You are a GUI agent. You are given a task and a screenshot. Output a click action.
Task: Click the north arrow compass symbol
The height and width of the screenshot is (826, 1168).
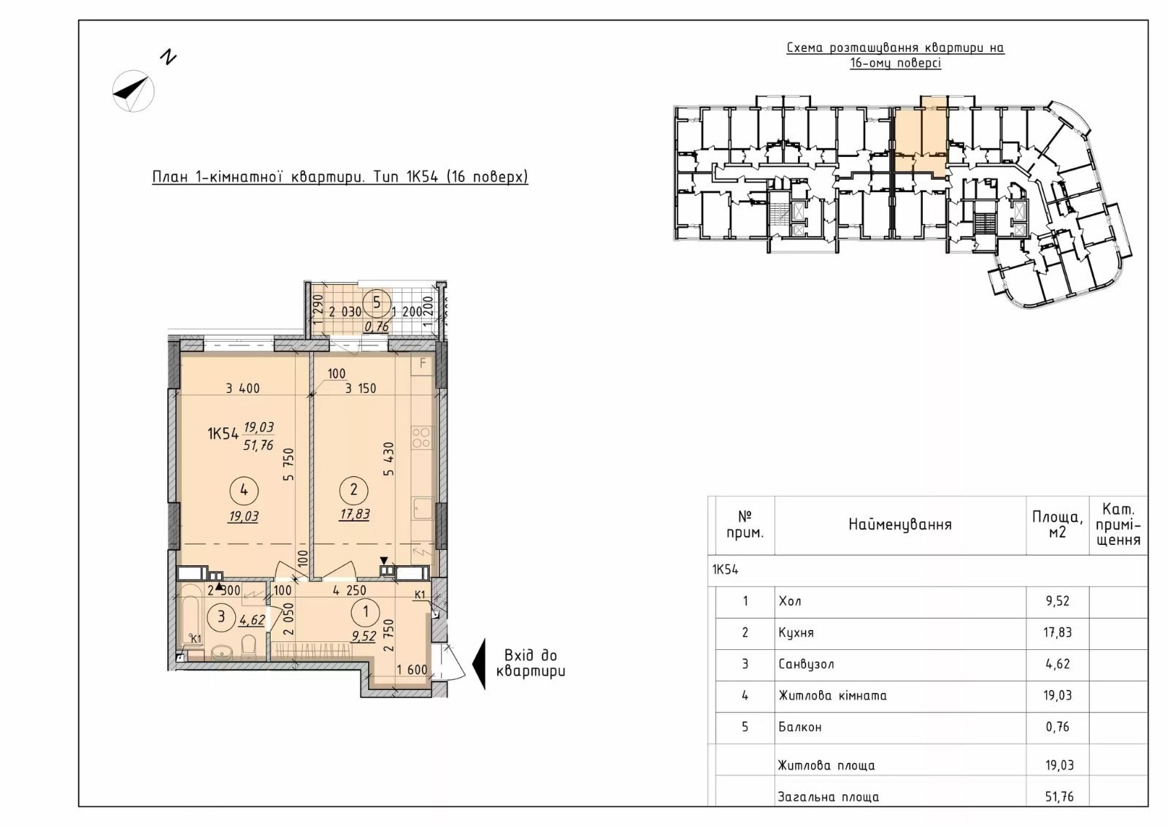coord(134,91)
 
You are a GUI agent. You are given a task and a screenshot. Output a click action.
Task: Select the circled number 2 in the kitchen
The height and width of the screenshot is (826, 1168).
coord(354,490)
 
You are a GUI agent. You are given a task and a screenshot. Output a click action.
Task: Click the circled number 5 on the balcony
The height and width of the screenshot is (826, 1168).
coord(377,303)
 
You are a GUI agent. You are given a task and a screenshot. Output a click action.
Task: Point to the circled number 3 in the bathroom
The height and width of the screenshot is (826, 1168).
coord(221,616)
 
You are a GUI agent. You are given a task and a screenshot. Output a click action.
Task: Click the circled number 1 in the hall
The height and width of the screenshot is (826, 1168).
coord(366,611)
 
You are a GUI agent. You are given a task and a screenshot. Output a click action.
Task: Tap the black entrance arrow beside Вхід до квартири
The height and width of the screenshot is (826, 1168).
coord(479,664)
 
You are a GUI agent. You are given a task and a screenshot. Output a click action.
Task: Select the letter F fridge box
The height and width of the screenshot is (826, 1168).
coord(423,364)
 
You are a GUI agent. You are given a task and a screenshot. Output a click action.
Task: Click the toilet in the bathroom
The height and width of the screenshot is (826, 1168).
coord(249,646)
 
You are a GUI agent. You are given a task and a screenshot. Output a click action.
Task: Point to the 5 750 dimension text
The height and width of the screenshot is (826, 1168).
coord(290,464)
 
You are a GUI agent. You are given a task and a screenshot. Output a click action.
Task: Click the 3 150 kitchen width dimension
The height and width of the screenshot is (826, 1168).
coord(361,389)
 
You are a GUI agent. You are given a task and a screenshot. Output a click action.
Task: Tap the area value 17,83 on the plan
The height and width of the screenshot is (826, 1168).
coord(355,514)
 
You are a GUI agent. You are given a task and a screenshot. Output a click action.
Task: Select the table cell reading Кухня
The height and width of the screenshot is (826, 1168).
coord(796,632)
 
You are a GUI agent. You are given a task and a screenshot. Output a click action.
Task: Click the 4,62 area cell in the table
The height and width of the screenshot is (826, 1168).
coord(1058,664)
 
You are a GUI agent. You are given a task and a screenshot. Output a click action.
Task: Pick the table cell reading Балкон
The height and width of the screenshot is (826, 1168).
coord(800,727)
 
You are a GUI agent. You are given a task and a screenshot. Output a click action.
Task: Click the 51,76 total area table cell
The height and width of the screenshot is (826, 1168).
coord(1058,797)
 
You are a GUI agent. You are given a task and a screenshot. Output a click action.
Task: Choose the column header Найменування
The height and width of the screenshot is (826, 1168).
coord(900,524)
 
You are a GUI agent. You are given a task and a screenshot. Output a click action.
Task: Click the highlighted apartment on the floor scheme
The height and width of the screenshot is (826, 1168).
coord(921,137)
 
